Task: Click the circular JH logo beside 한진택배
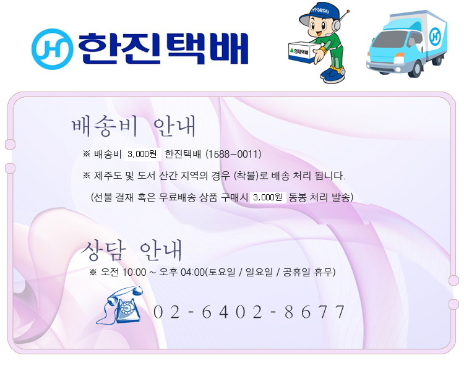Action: point(52,49)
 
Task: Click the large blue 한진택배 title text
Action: point(163,48)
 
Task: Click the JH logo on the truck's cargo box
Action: point(435,36)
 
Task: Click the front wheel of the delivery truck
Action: point(416,69)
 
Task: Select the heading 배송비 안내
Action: point(134,127)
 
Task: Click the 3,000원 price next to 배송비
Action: point(142,154)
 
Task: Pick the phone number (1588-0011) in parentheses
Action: point(233,154)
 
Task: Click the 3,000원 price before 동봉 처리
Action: point(268,197)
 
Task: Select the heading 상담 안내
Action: point(132,251)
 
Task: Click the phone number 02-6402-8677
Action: point(249,312)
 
